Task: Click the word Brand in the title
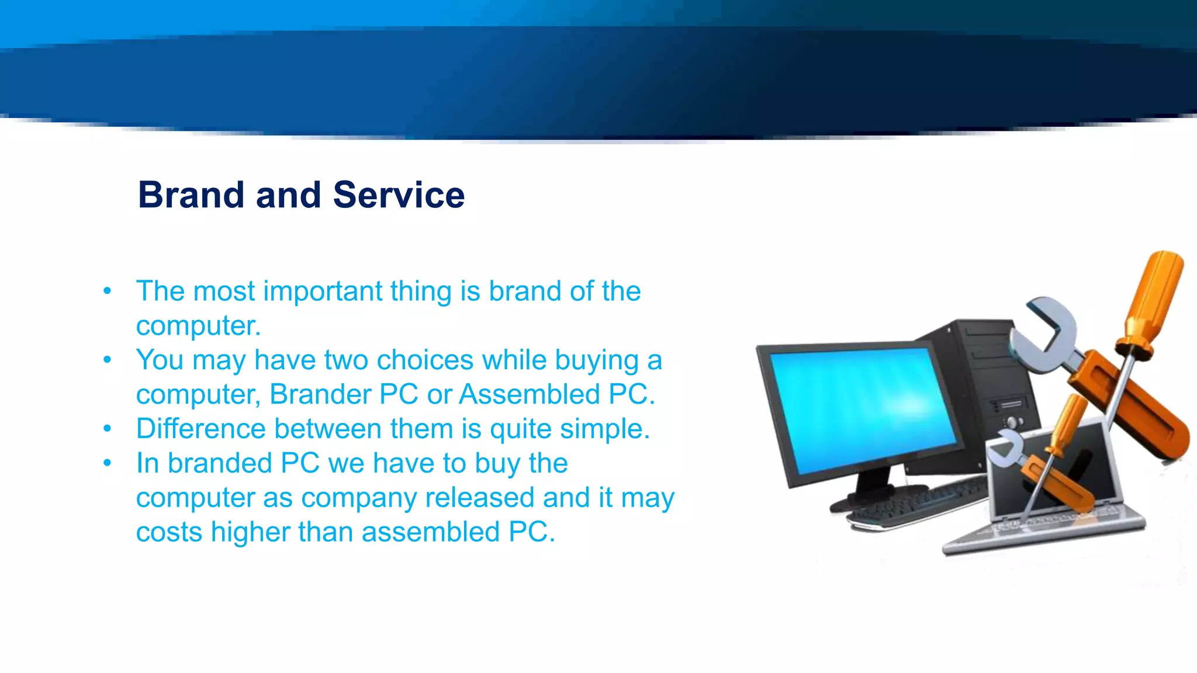(x=191, y=195)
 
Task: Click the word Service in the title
(x=399, y=195)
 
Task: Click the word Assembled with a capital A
(x=528, y=394)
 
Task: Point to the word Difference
(x=200, y=429)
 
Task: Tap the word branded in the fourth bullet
(x=220, y=463)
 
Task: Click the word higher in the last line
(x=250, y=532)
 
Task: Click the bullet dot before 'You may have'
(x=107, y=360)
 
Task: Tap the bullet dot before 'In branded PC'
(x=107, y=463)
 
